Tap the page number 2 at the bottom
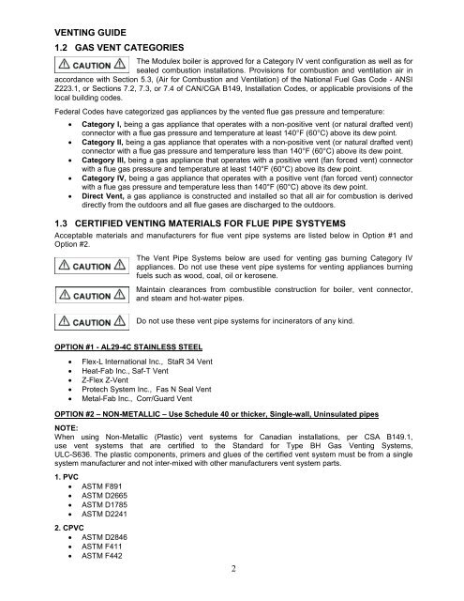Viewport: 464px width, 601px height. (232, 593)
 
